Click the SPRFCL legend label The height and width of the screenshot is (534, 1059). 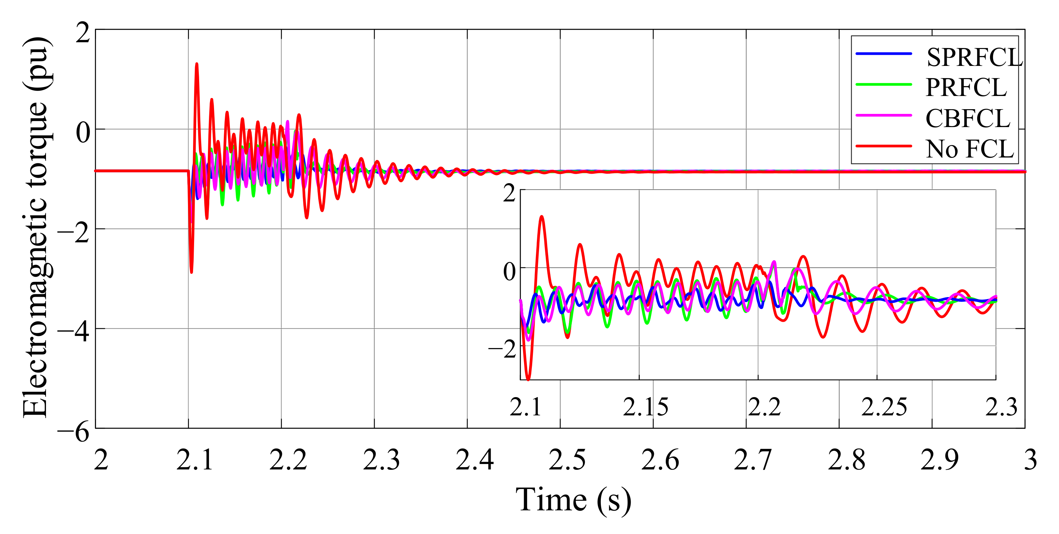point(973,57)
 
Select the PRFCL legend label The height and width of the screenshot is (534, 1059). point(966,88)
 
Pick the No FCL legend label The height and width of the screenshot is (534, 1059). point(970,149)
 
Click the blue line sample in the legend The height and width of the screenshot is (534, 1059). point(884,54)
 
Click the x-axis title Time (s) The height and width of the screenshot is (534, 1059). point(573,500)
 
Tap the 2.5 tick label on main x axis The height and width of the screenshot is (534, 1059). point(567,460)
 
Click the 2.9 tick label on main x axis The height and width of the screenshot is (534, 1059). point(939,460)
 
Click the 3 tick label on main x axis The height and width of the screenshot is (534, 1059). point(1030,460)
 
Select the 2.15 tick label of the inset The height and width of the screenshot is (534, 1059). point(645,407)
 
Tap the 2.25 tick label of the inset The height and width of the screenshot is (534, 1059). point(884,407)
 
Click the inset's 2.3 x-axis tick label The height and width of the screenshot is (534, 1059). point(1001,407)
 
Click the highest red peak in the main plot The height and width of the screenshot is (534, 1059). point(196,64)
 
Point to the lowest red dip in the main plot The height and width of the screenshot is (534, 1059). point(191,271)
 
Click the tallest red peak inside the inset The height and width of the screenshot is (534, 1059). point(542,217)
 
